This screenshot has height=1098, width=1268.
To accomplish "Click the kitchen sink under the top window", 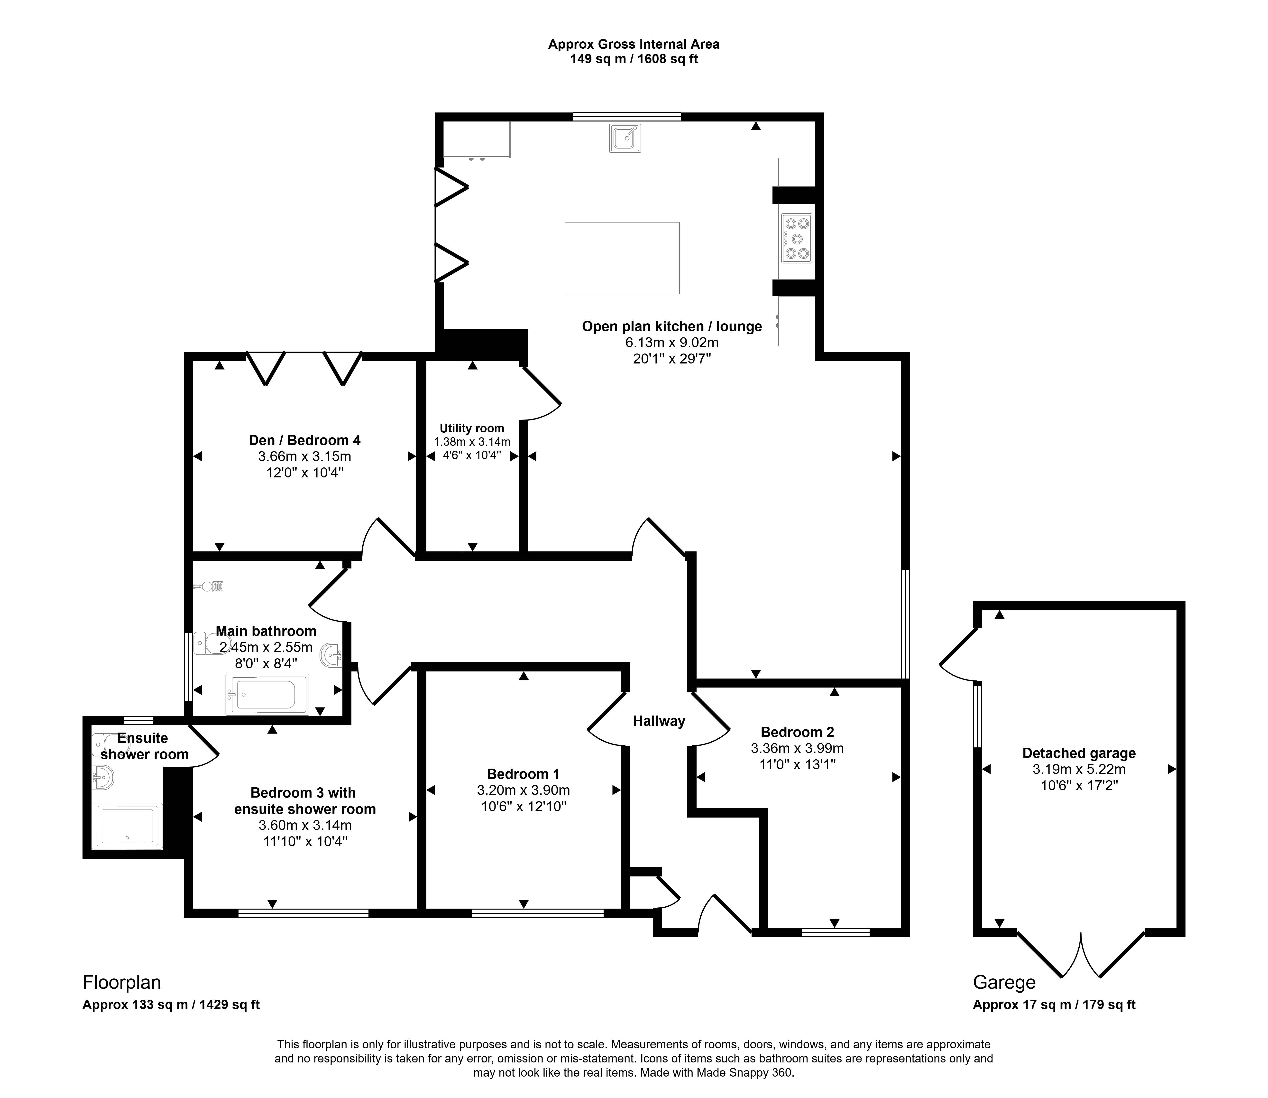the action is [625, 138].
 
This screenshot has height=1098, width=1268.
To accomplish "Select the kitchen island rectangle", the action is [622, 258].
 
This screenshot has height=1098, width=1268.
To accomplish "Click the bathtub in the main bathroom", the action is [268, 694].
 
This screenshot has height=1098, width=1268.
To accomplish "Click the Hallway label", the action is [659, 721].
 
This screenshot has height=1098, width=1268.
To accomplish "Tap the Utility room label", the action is [472, 428].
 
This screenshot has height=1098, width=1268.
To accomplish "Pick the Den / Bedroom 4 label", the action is [304, 440].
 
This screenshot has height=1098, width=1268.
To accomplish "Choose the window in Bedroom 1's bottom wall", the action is [538, 913].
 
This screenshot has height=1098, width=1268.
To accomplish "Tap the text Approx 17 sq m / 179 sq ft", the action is [1054, 1005].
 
